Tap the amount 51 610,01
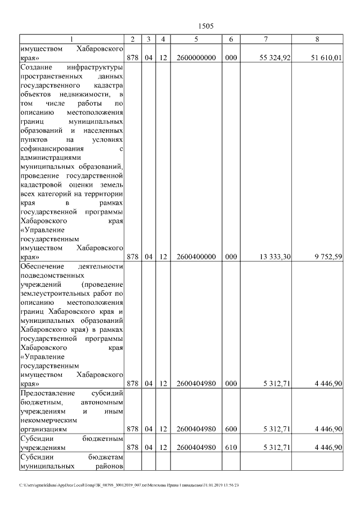pyautogui.click(x=326, y=58)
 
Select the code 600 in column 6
pyautogui.click(x=231, y=429)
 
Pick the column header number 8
pyautogui.click(x=318, y=39)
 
